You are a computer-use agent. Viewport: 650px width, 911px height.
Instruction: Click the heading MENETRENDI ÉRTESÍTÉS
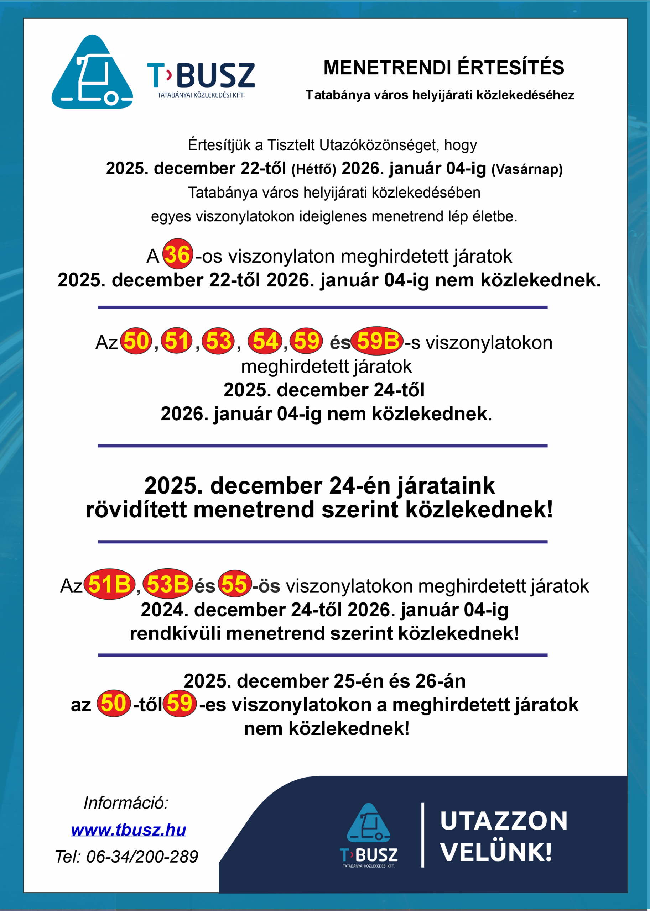point(443,68)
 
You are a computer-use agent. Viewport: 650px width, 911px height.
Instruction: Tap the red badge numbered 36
point(178,254)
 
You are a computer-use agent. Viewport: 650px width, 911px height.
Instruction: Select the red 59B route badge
point(377,341)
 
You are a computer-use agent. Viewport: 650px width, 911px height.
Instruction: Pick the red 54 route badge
point(265,341)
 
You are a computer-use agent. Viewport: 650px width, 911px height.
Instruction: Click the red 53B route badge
point(168,584)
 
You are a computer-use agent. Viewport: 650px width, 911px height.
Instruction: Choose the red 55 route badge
point(235,584)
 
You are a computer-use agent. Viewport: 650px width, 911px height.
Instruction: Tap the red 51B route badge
point(109,584)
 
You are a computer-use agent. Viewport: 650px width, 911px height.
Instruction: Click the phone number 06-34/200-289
point(142,857)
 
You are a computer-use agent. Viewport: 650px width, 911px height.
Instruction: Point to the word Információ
point(126,802)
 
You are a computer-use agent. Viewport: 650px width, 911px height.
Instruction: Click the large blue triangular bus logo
point(93,72)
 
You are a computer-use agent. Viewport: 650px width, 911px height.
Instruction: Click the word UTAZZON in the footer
point(504,821)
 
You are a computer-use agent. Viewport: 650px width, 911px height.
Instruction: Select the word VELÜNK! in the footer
point(496,852)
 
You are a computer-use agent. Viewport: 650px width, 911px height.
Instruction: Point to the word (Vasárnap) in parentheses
point(527,169)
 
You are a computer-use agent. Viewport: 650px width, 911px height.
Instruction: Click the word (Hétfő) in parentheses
point(314,169)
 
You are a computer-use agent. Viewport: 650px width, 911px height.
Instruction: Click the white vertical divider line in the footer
point(423,835)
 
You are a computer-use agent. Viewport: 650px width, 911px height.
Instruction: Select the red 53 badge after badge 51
point(218,341)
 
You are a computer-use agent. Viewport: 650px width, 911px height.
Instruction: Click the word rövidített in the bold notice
point(136,510)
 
